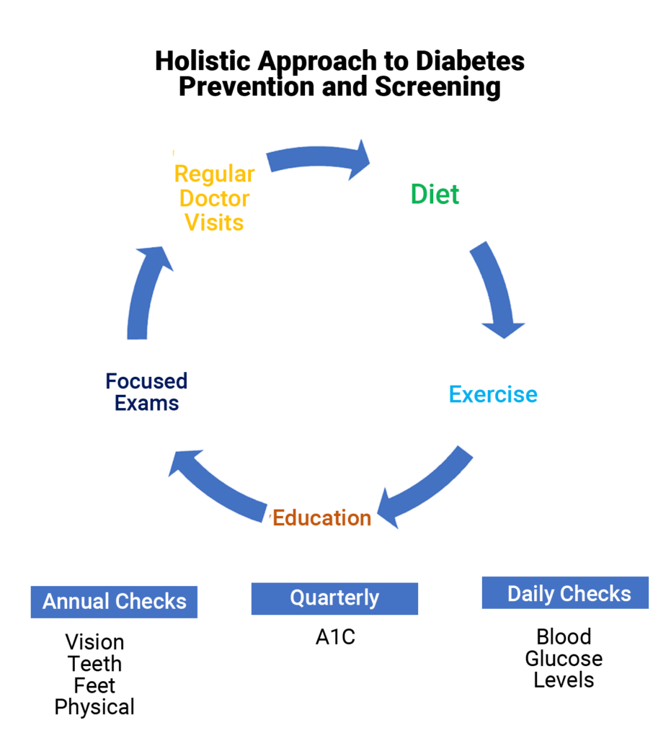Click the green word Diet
tap(435, 195)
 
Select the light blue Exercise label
tap(493, 395)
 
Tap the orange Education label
tap(322, 518)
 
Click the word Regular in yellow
tap(214, 174)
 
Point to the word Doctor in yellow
tap(214, 199)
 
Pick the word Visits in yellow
tap(214, 223)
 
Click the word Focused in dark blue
tap(146, 381)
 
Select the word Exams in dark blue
tap(146, 403)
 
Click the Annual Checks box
tap(114, 602)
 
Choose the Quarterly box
tap(334, 598)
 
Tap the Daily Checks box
tap(565, 594)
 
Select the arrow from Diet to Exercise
tap(495, 288)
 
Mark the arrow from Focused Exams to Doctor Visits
tap(144, 295)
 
